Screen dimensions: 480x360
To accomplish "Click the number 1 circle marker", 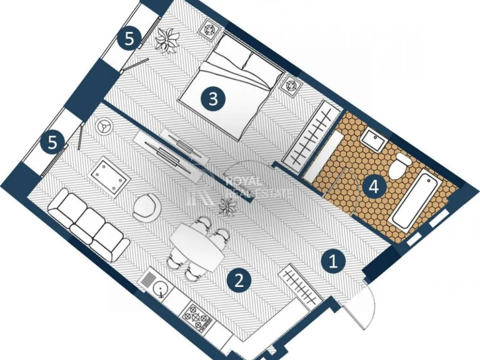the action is pyautogui.click(x=333, y=261).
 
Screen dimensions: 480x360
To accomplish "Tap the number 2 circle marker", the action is pyautogui.click(x=239, y=280).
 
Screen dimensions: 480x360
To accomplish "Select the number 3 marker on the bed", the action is pyautogui.click(x=213, y=99).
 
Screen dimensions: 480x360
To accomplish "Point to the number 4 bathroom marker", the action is pyautogui.click(x=374, y=186).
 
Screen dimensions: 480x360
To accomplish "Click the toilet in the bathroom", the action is pyautogui.click(x=399, y=166).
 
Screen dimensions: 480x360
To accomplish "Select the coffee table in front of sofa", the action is pyautogui.click(x=107, y=177).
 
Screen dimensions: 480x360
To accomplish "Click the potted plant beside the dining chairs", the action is pyautogui.click(x=227, y=207).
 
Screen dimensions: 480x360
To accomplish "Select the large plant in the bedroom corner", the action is pyautogui.click(x=166, y=40).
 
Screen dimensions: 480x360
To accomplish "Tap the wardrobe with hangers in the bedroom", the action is pyautogui.click(x=311, y=134).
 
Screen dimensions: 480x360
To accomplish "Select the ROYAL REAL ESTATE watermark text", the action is pyautogui.click(x=259, y=187).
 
